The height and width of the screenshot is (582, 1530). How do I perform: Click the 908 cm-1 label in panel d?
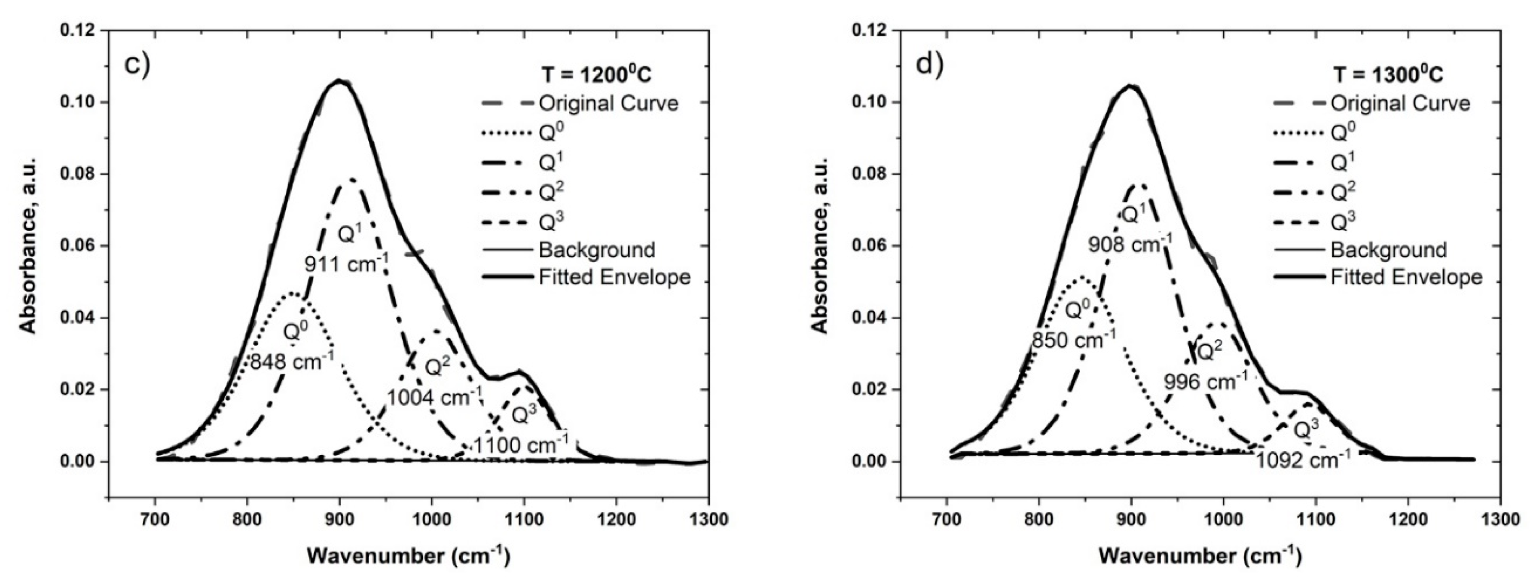click(1130, 243)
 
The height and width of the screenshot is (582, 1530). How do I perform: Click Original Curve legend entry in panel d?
click(1400, 104)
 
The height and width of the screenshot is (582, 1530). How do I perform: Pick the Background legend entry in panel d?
click(1388, 250)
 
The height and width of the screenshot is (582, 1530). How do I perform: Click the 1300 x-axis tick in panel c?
click(709, 520)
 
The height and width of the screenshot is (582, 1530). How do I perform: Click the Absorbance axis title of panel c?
click(28, 245)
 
